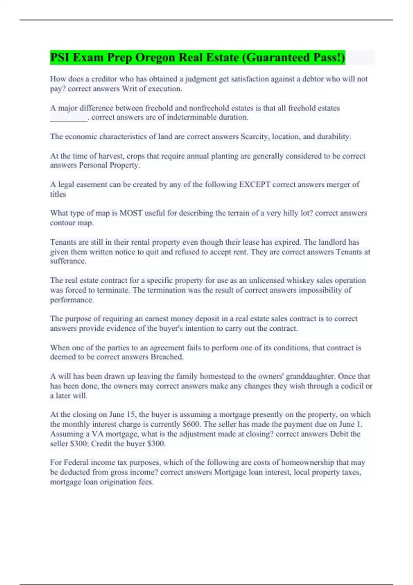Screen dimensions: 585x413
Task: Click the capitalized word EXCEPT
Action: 255,184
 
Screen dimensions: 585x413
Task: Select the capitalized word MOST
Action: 131,213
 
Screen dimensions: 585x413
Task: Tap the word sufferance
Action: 68,261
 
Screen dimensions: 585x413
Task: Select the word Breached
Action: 167,357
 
